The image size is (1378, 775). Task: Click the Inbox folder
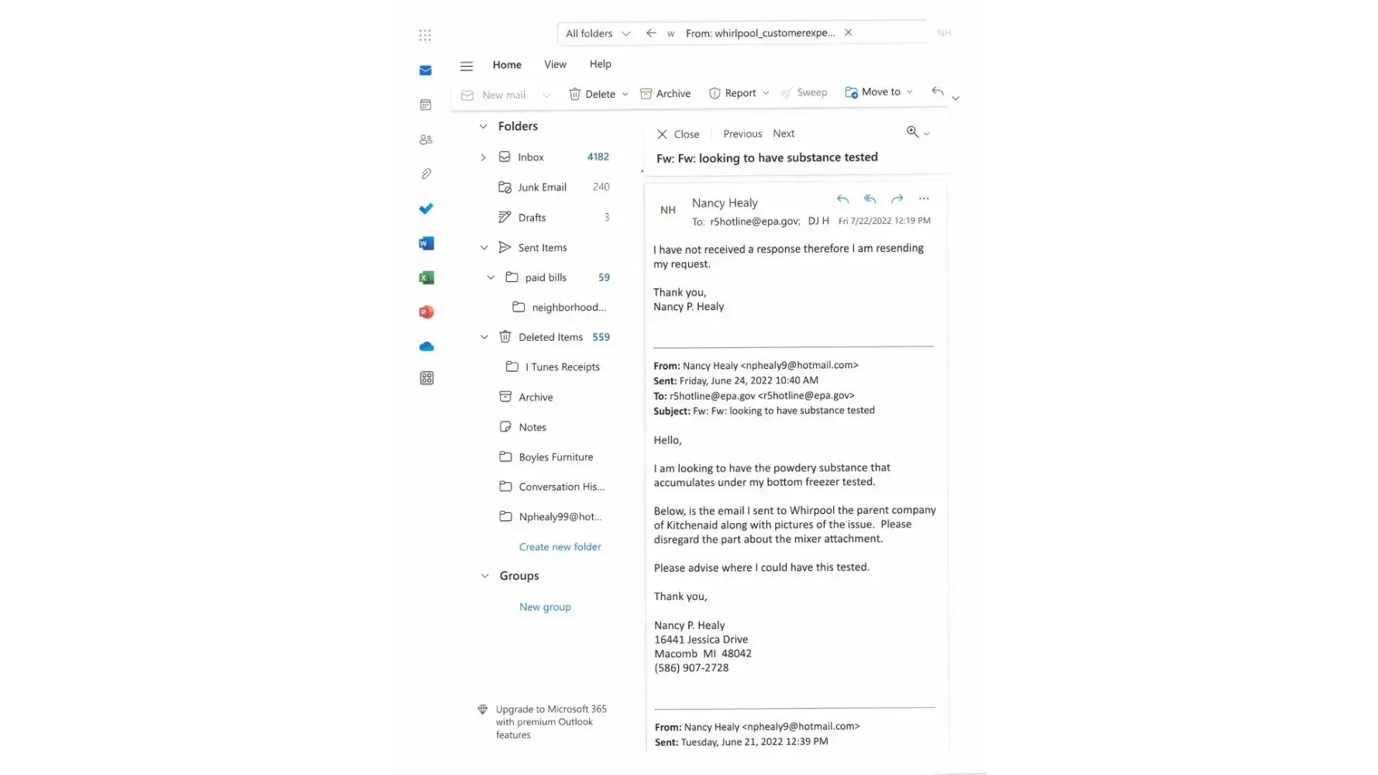(x=530, y=157)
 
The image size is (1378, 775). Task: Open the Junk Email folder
(x=542, y=188)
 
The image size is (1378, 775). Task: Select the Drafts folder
(x=532, y=218)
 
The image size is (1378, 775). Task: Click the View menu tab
(x=555, y=65)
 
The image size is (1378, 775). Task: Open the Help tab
(x=600, y=64)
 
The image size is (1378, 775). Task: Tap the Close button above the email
(x=678, y=134)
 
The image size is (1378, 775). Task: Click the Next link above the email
(x=784, y=133)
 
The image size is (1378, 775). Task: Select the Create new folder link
(x=560, y=547)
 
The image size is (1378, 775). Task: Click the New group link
(x=545, y=608)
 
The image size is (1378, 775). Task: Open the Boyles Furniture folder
(x=556, y=457)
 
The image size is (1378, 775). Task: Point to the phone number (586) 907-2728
(x=691, y=668)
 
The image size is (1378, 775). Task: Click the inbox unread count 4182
(x=598, y=157)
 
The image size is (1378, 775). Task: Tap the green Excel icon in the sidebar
(x=426, y=277)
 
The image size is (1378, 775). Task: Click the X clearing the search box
(x=849, y=33)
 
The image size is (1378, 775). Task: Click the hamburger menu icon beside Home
(x=467, y=67)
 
